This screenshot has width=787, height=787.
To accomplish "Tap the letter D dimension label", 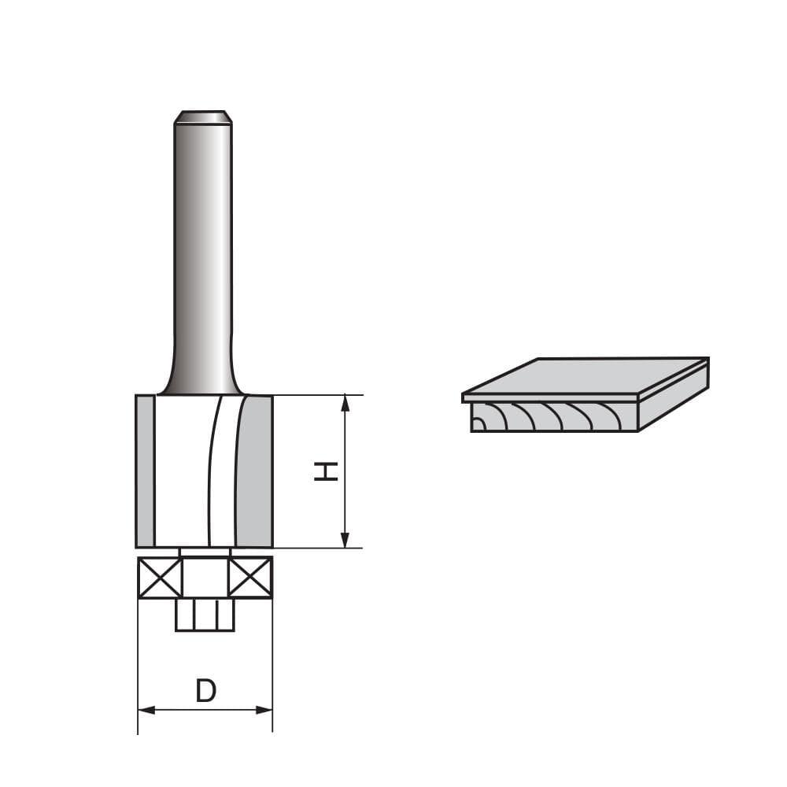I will [205, 691].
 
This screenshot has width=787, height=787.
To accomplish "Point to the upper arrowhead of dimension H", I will [345, 403].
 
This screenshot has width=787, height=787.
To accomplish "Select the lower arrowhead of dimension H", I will [345, 540].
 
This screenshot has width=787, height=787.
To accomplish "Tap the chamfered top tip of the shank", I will [203, 117].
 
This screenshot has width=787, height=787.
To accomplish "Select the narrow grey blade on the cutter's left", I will [145, 471].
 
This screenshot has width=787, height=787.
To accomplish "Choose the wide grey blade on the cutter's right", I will [254, 471].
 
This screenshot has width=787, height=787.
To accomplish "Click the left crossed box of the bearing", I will [161, 578].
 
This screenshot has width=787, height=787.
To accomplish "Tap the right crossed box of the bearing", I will [249, 578].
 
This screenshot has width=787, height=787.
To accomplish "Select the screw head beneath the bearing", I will [205, 615].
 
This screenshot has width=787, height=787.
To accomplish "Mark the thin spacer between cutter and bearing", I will [205, 552].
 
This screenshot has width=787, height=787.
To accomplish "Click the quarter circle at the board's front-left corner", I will [478, 425].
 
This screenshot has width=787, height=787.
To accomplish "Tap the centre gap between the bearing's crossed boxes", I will [205, 578].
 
